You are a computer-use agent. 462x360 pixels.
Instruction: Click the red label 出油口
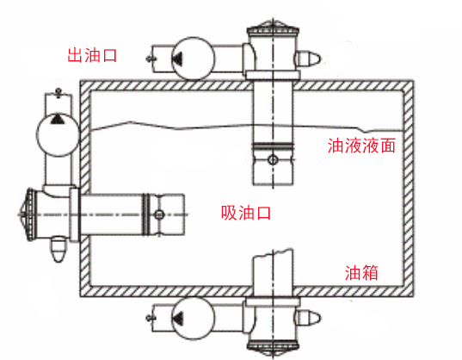92,55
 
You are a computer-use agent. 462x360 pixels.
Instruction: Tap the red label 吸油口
246,213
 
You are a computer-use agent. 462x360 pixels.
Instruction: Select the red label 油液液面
361,146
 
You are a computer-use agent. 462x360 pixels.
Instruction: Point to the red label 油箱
361,273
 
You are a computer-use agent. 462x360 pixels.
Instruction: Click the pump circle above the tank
193,59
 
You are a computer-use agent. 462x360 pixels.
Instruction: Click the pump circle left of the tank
58,134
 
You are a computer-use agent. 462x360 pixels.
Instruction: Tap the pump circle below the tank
193,318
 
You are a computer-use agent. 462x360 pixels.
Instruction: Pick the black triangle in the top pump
178,59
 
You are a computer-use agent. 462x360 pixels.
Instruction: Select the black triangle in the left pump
57,120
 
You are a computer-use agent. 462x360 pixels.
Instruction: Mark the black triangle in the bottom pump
178,319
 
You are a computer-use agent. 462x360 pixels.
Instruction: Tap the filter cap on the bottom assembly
273,347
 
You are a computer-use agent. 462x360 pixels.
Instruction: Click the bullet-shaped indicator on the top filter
308,59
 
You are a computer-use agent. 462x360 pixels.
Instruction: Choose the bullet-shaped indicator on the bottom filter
308,318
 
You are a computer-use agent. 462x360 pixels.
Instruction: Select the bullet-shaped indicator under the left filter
59,249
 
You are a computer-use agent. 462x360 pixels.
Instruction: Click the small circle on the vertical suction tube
273,160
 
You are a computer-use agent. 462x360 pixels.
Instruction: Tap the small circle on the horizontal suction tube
159,214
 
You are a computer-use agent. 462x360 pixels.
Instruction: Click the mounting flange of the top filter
273,75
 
